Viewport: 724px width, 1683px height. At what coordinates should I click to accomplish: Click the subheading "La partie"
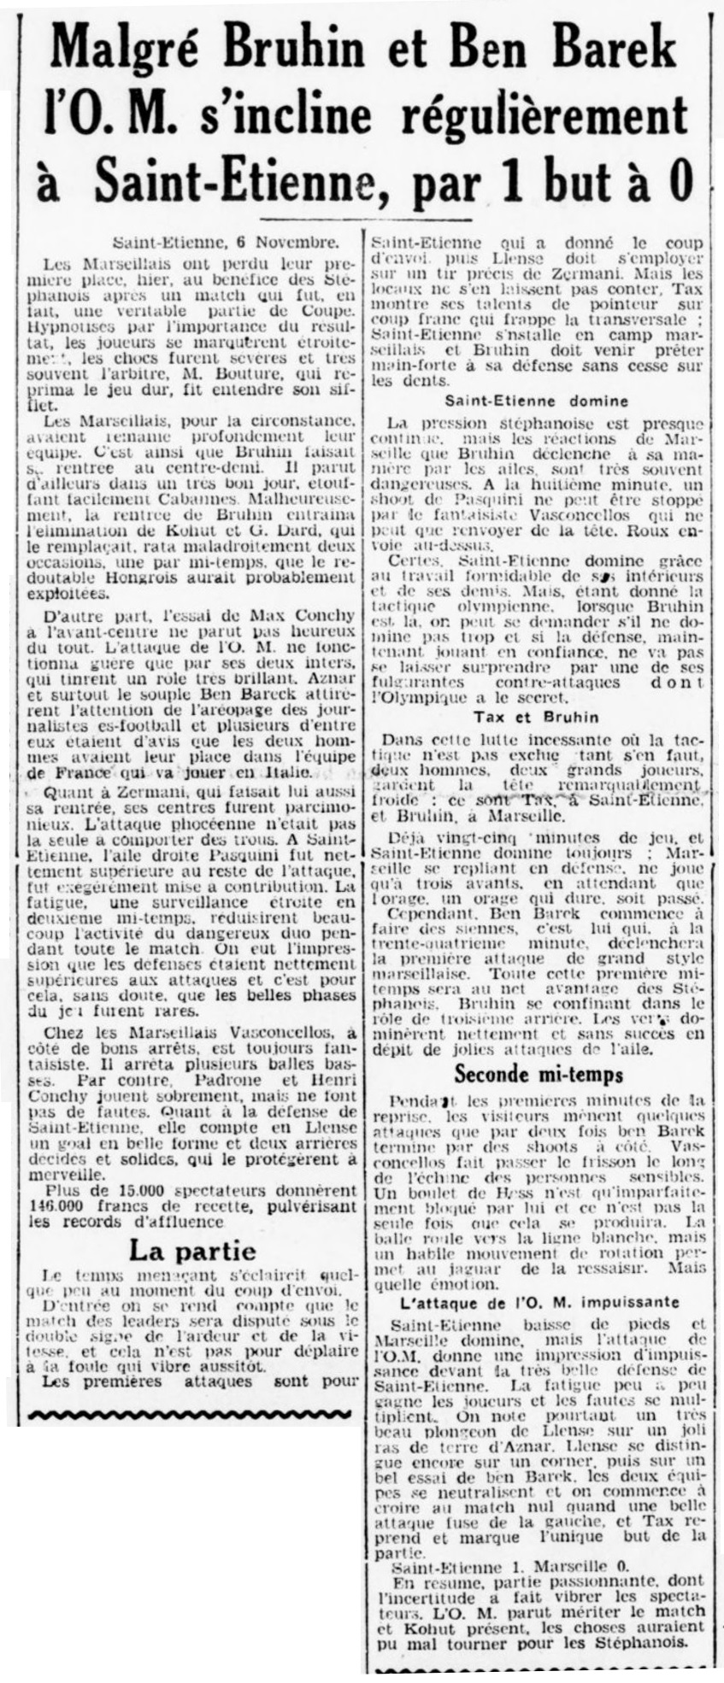coord(191,1252)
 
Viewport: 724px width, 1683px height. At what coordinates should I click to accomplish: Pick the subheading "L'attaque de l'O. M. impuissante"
coord(539,1302)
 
